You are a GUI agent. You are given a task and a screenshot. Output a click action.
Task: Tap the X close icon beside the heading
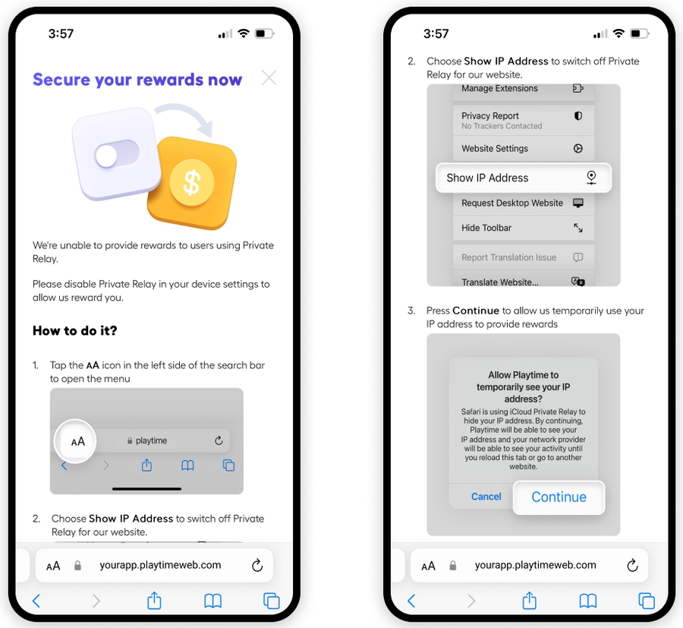coord(269,78)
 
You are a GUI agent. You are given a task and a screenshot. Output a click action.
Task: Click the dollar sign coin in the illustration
coord(192,182)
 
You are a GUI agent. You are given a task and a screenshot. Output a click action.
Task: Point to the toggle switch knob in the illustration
coord(105,156)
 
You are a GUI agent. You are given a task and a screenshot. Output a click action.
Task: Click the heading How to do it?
coord(75,330)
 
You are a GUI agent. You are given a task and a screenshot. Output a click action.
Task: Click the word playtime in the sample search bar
coord(151,440)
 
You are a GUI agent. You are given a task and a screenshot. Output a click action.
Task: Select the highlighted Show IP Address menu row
coord(524,178)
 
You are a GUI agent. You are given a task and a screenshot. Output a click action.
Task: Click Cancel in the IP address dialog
coord(486,497)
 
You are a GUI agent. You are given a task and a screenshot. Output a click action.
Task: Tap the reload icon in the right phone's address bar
coord(632,565)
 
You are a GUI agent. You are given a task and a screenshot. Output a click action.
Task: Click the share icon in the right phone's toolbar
coord(529,600)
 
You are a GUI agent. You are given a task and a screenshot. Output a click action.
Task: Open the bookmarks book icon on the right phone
coord(588,601)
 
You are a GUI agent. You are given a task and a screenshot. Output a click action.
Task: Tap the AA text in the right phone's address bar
coord(429,566)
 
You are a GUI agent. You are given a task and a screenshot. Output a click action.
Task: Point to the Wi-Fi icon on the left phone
coord(244,33)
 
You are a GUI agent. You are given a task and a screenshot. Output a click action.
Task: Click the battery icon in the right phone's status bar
coord(640,33)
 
